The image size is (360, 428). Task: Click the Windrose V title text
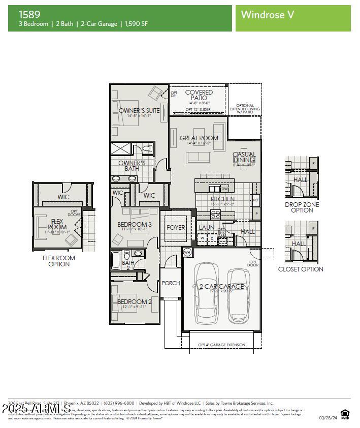[x=267, y=15]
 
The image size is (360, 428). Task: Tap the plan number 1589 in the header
[x=30, y=14]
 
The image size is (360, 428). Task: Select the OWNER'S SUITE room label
[x=139, y=110]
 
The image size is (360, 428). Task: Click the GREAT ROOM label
[x=199, y=138]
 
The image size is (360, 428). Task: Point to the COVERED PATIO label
[x=199, y=95]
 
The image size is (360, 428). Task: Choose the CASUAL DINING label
[x=244, y=157]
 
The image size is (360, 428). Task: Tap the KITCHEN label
[x=222, y=199]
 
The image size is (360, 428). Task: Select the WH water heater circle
[x=187, y=252]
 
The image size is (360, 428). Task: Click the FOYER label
[x=176, y=228]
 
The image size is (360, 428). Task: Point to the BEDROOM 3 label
[x=135, y=224]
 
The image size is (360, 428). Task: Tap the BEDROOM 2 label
[x=135, y=301]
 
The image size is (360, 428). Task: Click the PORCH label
[x=171, y=283]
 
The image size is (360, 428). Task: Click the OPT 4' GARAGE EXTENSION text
[x=221, y=345]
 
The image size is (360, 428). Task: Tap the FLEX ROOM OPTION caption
[x=58, y=261]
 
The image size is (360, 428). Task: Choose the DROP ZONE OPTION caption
[x=302, y=207]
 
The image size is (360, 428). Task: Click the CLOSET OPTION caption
[x=301, y=269]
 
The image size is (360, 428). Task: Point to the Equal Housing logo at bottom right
[x=345, y=413]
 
